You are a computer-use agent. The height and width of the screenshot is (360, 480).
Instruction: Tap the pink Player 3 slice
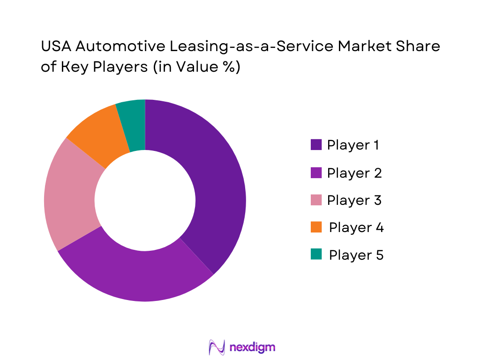click(73, 197)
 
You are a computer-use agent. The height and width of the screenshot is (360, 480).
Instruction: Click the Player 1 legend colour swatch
click(316, 145)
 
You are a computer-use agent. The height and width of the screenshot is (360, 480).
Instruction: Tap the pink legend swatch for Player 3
click(316, 200)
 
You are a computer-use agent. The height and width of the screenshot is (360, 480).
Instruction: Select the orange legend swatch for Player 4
click(316, 227)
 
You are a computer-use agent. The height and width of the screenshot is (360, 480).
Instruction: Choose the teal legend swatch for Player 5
click(316, 255)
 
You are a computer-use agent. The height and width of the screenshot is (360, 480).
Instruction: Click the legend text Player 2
click(354, 173)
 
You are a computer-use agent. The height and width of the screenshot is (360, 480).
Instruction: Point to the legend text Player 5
click(356, 255)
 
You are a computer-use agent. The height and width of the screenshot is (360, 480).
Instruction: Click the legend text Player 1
click(353, 145)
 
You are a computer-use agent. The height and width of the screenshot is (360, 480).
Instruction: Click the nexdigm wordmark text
click(253, 347)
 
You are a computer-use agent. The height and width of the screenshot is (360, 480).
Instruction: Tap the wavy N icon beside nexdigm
click(217, 347)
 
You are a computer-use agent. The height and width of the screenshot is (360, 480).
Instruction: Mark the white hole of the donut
click(145, 201)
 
